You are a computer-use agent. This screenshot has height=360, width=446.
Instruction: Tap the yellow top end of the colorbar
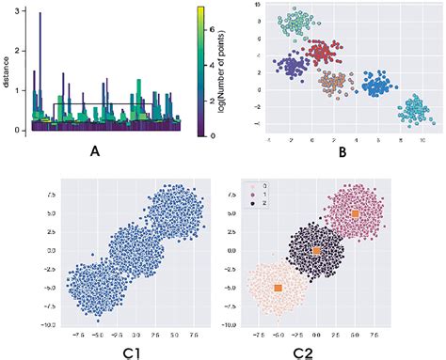pos(199,8)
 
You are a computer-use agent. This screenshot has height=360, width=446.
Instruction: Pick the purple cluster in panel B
pos(295,67)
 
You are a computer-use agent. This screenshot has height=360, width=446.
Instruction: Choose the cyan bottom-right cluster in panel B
pos(414,110)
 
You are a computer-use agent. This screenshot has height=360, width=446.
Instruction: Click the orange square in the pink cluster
pos(355,214)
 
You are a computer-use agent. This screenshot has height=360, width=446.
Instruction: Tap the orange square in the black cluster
pos(316,251)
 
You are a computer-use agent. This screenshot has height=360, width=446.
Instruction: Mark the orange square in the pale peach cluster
pos(278,287)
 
